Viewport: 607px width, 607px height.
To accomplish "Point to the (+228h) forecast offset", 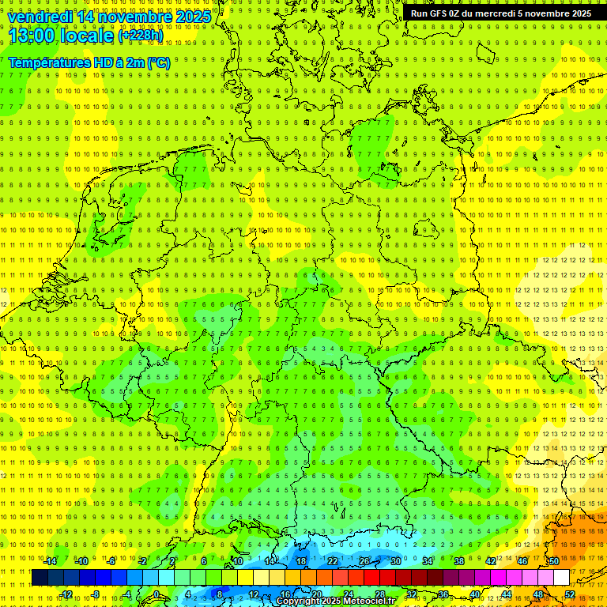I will pos(141,36).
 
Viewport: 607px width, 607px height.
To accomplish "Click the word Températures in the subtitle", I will pos(48,62).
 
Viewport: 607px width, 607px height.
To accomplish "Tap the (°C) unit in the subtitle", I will pos(157,62).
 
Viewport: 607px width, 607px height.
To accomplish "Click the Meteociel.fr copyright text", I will pos(337,601).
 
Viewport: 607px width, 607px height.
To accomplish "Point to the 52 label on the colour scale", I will pos(570,594).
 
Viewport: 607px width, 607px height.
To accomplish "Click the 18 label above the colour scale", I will pos(300,561).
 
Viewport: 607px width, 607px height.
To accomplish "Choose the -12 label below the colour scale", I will pos(66,594).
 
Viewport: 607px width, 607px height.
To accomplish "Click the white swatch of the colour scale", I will pos(561,578).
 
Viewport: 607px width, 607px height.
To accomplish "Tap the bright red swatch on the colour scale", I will pos(371,578).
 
